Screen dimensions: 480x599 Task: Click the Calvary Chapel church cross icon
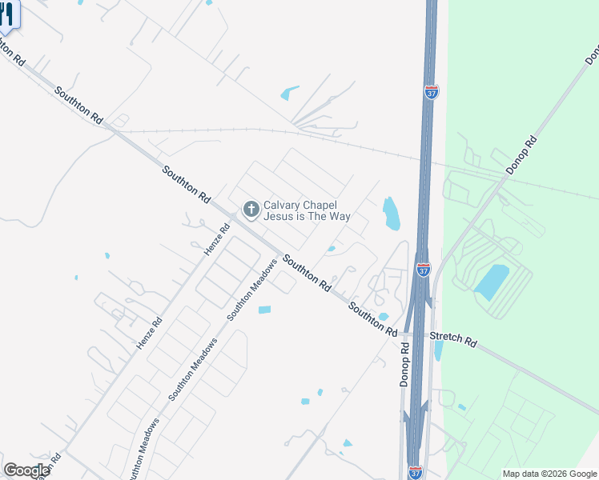pyautogui.click(x=251, y=210)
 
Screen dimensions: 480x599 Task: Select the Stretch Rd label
pyautogui.click(x=453, y=339)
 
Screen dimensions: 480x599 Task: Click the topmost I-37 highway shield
pyautogui.click(x=431, y=92)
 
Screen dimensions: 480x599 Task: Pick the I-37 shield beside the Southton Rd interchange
pyautogui.click(x=424, y=270)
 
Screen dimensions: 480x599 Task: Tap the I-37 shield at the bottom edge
pyautogui.click(x=415, y=473)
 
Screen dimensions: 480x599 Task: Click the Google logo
pyautogui.click(x=26, y=470)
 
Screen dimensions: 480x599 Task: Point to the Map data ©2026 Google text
pyautogui.click(x=549, y=474)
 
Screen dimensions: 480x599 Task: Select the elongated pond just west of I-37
pyautogui.click(x=392, y=214)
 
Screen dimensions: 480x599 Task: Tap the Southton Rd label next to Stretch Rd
pyautogui.click(x=373, y=318)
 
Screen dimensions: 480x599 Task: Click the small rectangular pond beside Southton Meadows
pyautogui.click(x=264, y=310)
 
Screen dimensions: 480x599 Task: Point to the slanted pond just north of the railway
pyautogui.click(x=289, y=94)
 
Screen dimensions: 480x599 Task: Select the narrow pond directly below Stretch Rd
pyautogui.click(x=438, y=350)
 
